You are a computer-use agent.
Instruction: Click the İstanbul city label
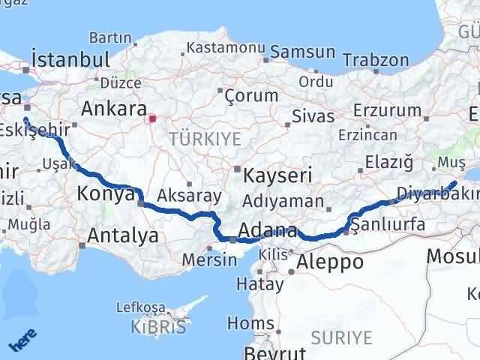(x=71, y=59)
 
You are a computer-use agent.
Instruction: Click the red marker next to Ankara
(x=152, y=118)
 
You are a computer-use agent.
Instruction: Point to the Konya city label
(x=105, y=195)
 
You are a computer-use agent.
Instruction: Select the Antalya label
(x=123, y=235)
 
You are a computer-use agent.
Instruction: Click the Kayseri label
(x=278, y=175)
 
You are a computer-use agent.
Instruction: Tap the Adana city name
(x=268, y=230)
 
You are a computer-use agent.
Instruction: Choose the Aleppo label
(x=331, y=262)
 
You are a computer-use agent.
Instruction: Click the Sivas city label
(x=312, y=116)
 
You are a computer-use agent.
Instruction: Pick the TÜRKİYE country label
(x=205, y=139)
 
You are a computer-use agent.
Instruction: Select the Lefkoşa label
(x=142, y=307)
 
